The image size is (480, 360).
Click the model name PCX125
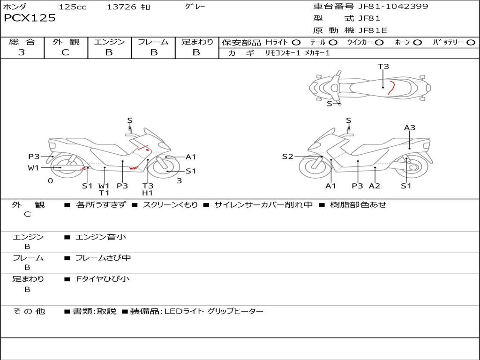click(30, 18)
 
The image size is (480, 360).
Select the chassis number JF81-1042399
click(393, 7)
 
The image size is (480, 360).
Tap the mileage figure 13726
click(121, 7)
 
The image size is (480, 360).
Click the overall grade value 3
click(22, 52)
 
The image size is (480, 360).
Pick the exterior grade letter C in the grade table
click(66, 52)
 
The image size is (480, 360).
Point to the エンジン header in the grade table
click(109, 42)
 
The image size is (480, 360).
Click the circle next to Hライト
click(296, 43)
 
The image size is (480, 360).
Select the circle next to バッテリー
click(471, 43)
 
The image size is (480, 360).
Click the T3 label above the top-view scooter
click(383, 67)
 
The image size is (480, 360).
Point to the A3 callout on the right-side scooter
click(410, 127)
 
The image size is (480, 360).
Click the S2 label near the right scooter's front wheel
click(288, 157)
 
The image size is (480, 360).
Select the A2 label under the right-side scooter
click(375, 186)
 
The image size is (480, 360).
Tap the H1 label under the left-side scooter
click(148, 193)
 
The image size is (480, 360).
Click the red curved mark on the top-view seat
click(391, 88)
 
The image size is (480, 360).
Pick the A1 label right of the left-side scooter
click(191, 157)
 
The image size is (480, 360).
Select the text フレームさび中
click(103, 258)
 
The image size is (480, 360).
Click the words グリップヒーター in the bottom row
click(235, 311)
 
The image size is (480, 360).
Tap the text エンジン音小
click(101, 237)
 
